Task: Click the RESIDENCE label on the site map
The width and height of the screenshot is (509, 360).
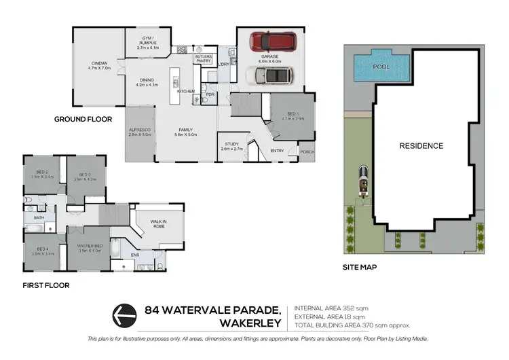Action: coord(421,146)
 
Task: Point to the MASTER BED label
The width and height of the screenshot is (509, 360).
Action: coord(90,246)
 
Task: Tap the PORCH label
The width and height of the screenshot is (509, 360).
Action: coord(308,151)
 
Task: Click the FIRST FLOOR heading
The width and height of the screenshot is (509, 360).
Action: coord(45,286)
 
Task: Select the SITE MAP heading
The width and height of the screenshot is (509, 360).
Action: coord(360,267)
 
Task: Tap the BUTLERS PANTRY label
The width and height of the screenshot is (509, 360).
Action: coord(204,58)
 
